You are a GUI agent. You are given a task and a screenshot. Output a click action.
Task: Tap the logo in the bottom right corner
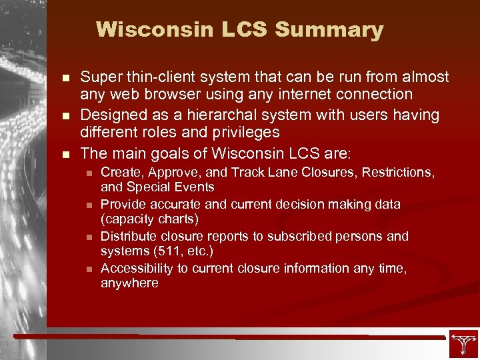(x=463, y=343)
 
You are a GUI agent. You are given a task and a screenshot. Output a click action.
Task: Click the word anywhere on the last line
(x=129, y=283)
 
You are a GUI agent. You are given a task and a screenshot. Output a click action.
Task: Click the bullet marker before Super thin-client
(x=65, y=78)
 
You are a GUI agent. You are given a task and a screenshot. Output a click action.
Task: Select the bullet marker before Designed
(x=65, y=116)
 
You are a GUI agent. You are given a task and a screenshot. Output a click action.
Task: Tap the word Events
(x=193, y=187)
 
